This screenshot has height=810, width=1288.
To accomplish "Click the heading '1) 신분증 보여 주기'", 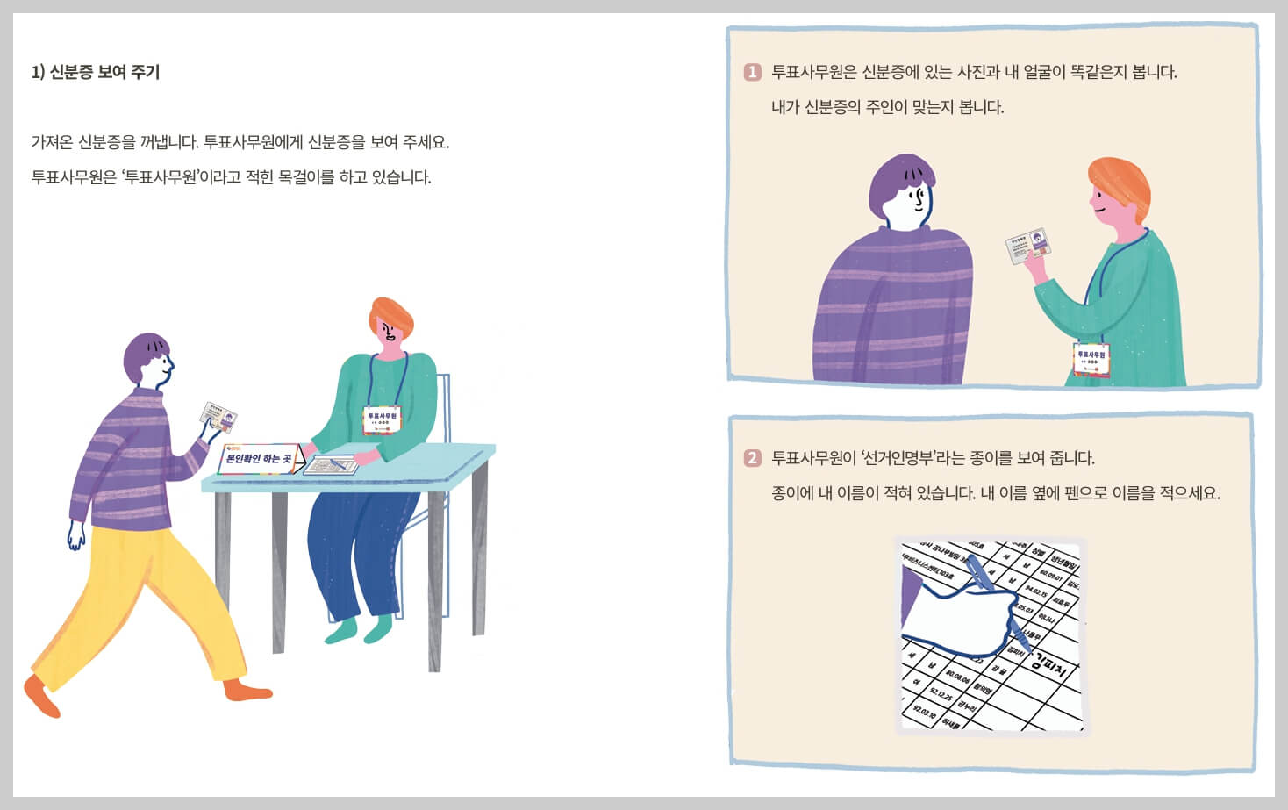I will [x=96, y=72].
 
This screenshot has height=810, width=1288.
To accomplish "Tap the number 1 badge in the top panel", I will [x=752, y=72].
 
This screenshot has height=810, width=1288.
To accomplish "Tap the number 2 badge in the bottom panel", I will [x=752, y=458].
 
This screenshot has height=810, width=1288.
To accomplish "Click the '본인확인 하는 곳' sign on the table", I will [x=258, y=458].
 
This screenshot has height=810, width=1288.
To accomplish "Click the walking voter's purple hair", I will [x=146, y=353].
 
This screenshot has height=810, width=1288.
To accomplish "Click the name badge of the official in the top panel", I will [x=1091, y=359].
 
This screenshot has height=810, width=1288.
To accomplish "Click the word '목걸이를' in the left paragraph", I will [x=306, y=177].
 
